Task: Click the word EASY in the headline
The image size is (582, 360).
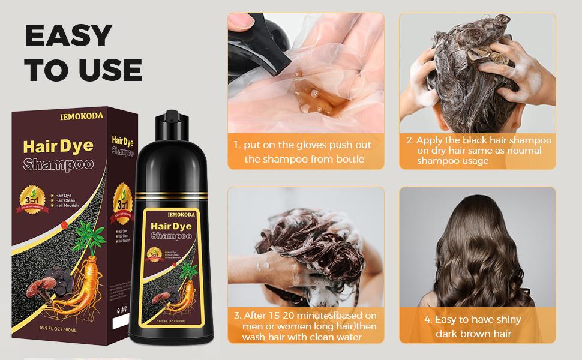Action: [68, 36]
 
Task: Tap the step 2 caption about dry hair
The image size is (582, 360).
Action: [478, 151]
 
